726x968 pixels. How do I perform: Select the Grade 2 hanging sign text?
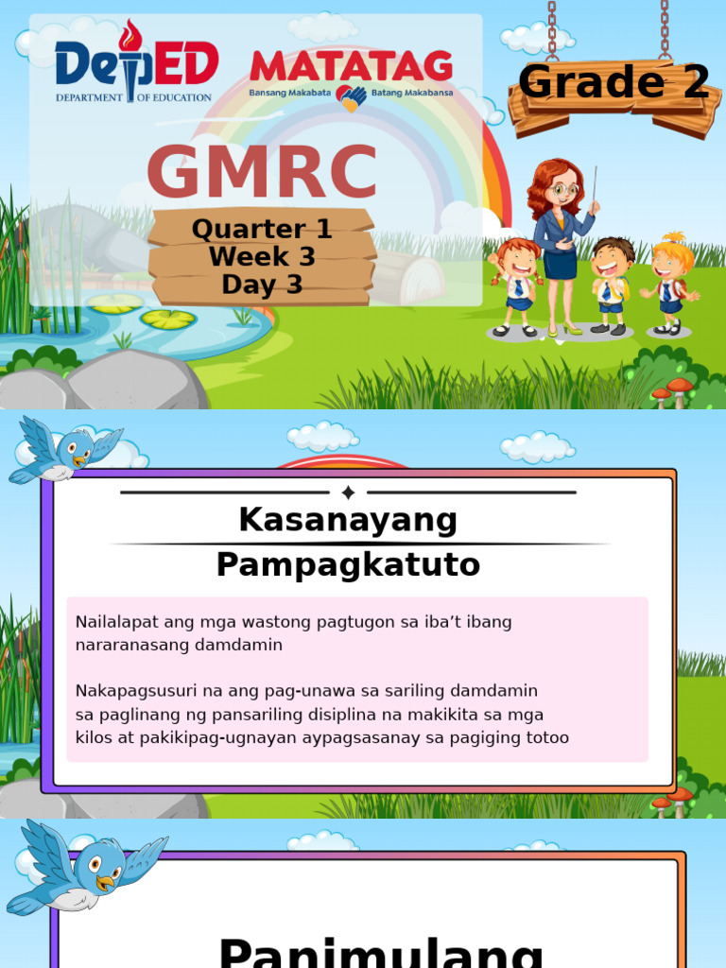click(x=614, y=83)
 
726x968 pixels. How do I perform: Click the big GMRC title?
click(x=262, y=174)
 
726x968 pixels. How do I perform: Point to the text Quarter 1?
click(x=262, y=229)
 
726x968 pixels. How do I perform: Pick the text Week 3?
click(x=262, y=256)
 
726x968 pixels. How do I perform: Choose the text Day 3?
click(x=262, y=284)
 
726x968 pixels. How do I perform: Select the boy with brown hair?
click(x=612, y=284)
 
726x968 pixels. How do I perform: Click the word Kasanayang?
click(x=348, y=520)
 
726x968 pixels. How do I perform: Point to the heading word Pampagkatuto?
click(x=348, y=565)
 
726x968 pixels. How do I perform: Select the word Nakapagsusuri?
click(x=134, y=691)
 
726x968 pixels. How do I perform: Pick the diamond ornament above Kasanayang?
click(x=348, y=493)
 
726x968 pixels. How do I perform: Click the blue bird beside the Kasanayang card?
click(x=64, y=450)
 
